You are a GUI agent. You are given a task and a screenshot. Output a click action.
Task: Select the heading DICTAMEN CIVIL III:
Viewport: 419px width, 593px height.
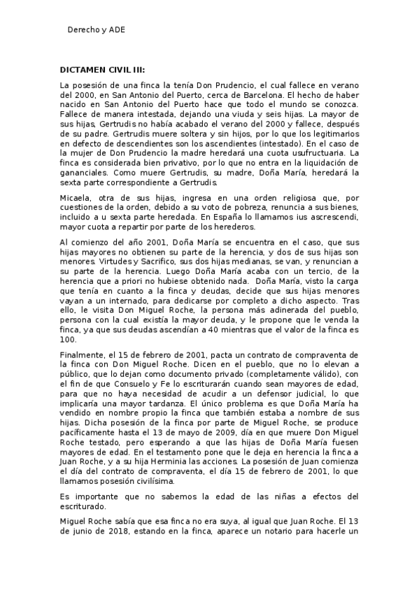(x=102, y=70)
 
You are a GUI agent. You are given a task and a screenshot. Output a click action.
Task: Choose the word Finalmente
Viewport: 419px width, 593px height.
(x=83, y=355)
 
